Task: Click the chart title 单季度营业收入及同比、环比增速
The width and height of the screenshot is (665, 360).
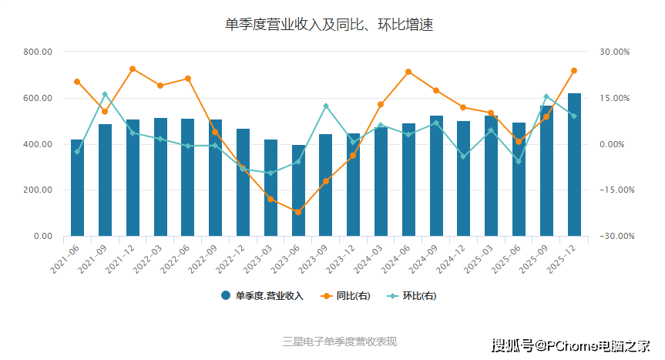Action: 329,25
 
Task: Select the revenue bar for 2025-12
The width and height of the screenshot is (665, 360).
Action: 574,164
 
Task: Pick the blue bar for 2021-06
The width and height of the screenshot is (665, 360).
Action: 77,187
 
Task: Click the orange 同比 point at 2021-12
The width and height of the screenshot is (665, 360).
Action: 133,69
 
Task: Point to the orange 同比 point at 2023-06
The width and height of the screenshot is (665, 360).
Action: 298,212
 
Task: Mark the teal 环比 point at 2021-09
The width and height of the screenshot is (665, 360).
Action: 105,94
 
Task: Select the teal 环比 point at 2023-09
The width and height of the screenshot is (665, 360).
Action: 326,106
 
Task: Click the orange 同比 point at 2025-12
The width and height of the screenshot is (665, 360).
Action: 574,71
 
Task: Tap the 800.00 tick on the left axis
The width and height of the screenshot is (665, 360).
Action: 37,52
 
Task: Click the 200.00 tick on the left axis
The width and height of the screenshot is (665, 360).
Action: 37,190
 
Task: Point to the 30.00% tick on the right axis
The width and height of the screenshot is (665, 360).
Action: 615,52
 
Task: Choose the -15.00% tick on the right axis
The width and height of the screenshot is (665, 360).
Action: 615,190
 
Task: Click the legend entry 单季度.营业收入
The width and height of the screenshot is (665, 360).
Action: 262,296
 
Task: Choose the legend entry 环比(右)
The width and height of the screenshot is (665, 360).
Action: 412,296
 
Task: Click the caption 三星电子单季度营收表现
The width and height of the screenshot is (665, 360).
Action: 340,341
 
